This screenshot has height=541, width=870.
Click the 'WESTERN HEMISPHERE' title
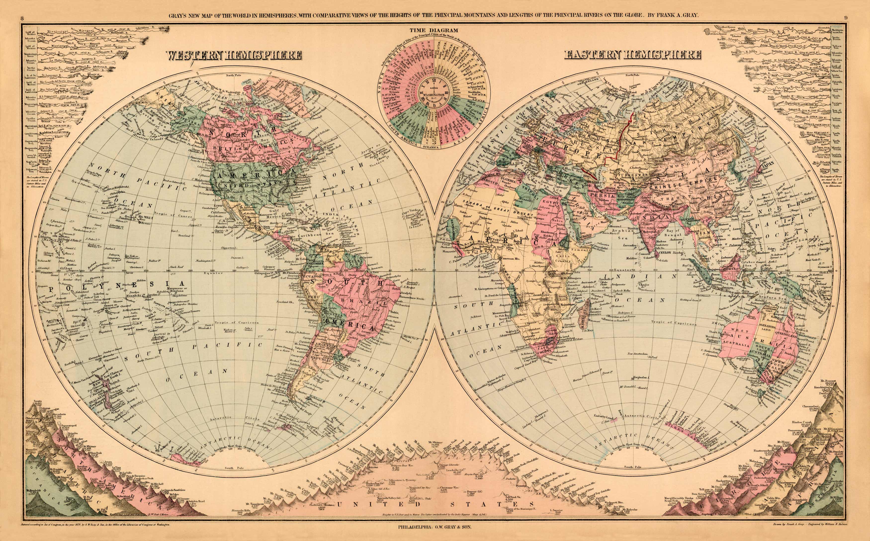[x=234, y=55]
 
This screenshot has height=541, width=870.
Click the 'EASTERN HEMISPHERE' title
[x=633, y=55]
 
